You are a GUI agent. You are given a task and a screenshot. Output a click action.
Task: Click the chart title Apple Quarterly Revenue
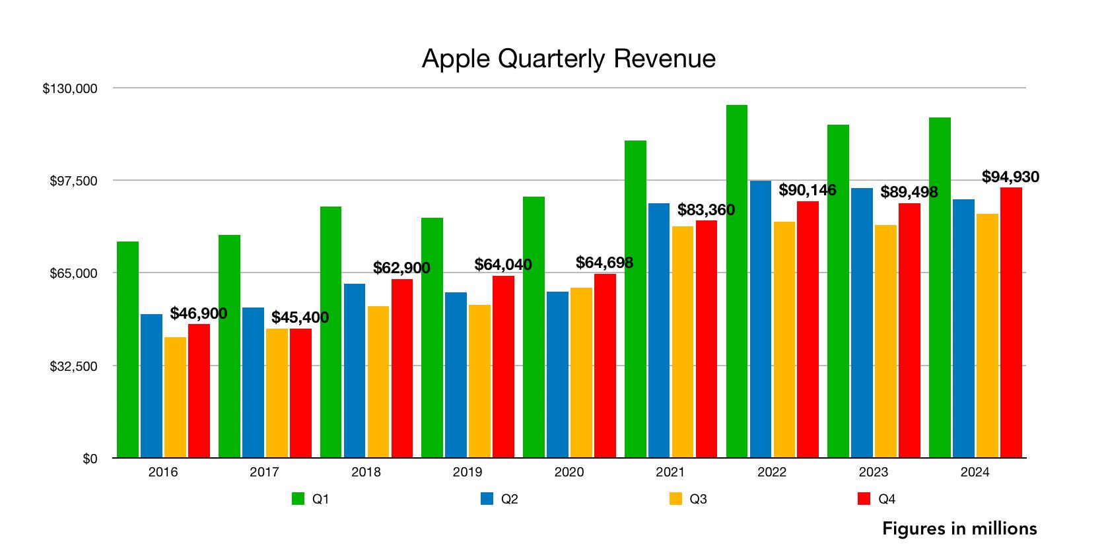pos(569,59)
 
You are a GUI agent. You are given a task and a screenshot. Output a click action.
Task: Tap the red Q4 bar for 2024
pos(1011,323)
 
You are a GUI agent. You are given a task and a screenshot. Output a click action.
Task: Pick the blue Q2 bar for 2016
pos(151,386)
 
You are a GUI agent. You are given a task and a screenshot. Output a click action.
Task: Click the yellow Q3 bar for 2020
pos(581,373)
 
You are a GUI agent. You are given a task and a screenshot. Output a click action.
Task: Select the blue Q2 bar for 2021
pos(659,331)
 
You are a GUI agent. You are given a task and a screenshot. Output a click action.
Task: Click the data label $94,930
pos(1010,177)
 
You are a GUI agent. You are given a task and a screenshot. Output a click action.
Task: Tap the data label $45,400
pos(300,317)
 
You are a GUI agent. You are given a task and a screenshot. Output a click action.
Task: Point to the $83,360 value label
pos(706,210)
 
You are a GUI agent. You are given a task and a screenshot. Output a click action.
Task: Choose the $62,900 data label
pos(401,268)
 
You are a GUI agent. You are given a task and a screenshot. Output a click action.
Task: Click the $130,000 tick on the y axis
pos(70,88)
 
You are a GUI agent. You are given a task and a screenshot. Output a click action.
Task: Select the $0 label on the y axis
pos(90,459)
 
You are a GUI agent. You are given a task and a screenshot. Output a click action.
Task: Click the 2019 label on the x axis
pos(467,472)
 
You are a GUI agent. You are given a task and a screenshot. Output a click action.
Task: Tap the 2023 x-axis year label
pos(873,472)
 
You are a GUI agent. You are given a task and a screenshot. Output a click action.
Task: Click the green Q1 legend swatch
pos(298,499)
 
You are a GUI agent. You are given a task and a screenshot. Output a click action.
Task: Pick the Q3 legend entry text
pos(698,500)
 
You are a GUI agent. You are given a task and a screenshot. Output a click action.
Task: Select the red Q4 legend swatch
pos(864,499)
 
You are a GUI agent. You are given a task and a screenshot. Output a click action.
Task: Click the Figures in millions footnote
pos(959,529)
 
